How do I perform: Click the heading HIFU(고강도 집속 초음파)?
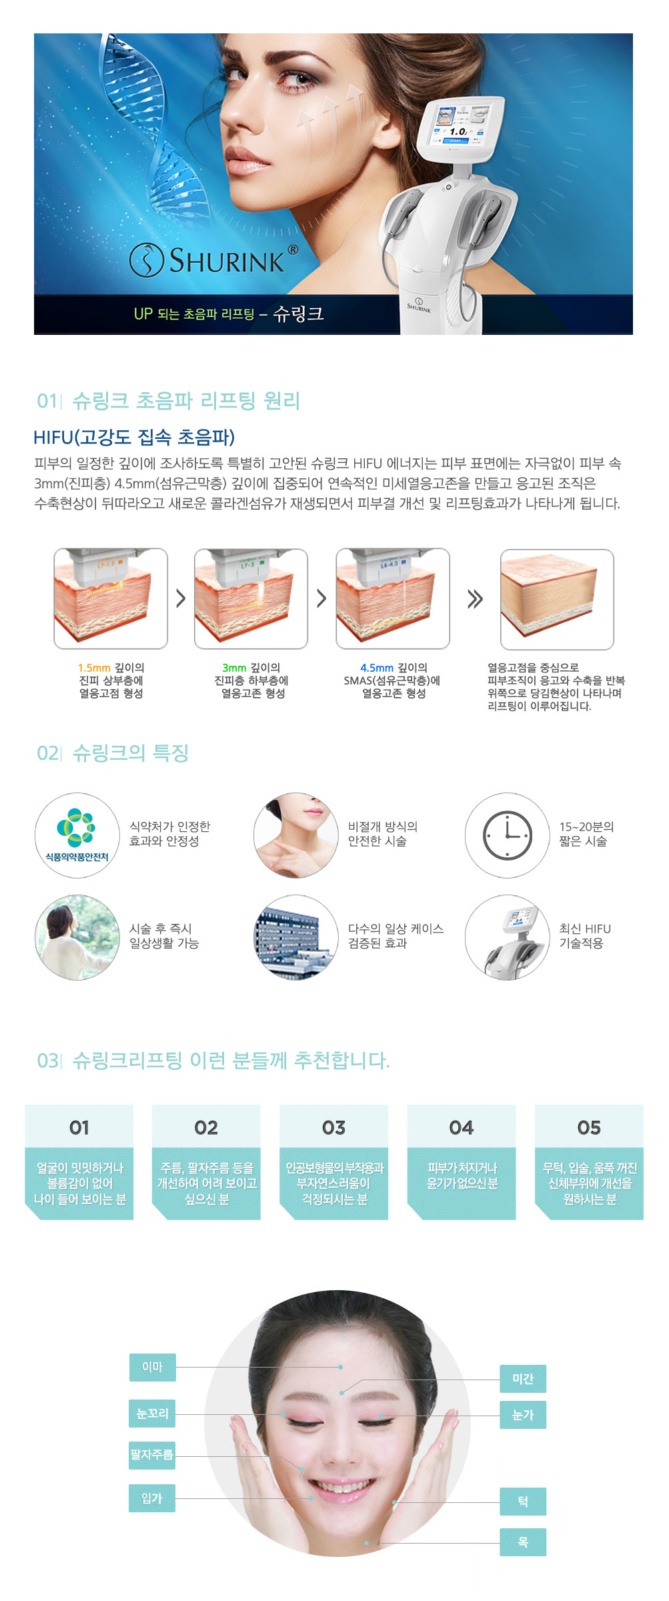click(134, 437)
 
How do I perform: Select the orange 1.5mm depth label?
click(94, 668)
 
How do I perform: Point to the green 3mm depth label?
click(234, 668)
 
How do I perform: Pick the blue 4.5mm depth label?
click(377, 668)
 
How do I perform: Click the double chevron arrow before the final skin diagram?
click(475, 599)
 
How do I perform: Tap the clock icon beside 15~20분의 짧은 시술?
click(508, 835)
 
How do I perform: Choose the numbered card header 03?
click(333, 1127)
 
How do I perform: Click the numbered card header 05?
click(589, 1127)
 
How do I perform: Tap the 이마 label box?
click(152, 1367)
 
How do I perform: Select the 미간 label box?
click(523, 1379)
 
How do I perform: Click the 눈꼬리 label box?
click(152, 1414)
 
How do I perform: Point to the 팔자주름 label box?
click(152, 1455)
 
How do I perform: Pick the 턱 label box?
click(523, 1502)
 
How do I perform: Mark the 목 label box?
click(523, 1542)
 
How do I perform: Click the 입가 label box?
click(152, 1498)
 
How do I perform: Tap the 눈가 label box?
click(523, 1415)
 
